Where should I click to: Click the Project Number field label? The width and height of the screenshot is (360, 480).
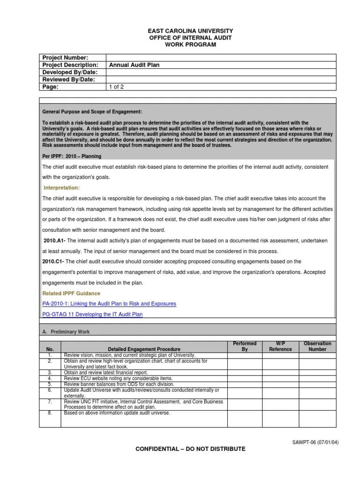pyautogui.click(x=65, y=58)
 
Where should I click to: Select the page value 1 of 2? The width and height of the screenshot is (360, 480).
pyautogui.click(x=116, y=87)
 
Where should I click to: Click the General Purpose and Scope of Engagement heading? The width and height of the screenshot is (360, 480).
pyautogui.click(x=92, y=112)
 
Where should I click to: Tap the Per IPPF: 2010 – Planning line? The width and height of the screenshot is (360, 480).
pyautogui.click(x=72, y=156)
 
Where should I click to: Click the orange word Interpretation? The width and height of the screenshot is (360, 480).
pyautogui.click(x=62, y=187)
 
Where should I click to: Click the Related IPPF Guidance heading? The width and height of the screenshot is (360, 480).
pyautogui.click(x=71, y=293)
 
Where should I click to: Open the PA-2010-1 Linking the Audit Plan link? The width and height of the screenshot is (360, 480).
pyautogui.click(x=109, y=304)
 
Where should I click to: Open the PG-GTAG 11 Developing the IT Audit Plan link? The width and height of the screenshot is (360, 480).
pyautogui.click(x=92, y=314)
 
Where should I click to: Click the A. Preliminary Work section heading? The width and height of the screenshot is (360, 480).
pyautogui.click(x=66, y=332)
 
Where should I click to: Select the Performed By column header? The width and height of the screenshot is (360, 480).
pyautogui.click(x=244, y=346)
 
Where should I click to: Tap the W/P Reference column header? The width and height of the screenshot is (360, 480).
pyautogui.click(x=280, y=346)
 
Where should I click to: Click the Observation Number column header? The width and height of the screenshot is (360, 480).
pyautogui.click(x=317, y=346)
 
